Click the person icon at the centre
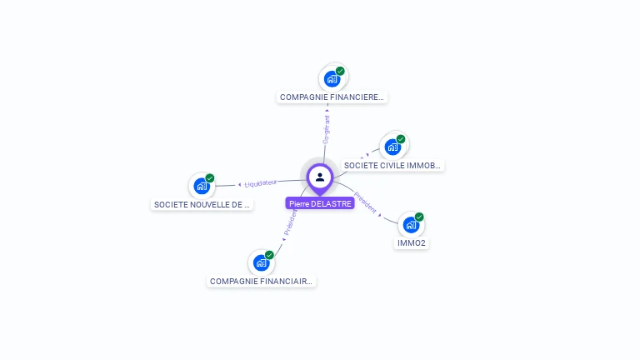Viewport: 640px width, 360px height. [320, 177]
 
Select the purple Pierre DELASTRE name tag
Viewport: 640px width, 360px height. [320, 203]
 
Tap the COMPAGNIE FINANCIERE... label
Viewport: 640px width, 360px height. [332, 97]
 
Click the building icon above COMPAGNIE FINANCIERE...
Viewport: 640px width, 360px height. [332, 79]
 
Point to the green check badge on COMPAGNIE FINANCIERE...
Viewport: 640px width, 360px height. [340, 71]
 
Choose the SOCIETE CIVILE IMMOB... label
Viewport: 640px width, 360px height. [392, 166]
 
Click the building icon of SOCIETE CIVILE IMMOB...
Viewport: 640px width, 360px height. [392, 147]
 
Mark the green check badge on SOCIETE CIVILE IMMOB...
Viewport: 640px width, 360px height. [401, 139]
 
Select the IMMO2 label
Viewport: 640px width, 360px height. [412, 243]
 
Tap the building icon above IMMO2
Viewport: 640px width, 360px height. [411, 225]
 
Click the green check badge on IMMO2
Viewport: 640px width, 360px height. [419, 217]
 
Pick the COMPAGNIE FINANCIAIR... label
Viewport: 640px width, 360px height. [262, 282]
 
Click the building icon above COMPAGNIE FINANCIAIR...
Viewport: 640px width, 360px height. [261, 263]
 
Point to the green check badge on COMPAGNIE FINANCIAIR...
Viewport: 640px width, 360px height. [269, 255]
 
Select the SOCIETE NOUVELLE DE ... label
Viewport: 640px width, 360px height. [202, 204]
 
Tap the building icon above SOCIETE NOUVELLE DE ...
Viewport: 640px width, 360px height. [202, 186]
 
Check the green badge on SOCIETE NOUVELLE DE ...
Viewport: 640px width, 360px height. [210, 177]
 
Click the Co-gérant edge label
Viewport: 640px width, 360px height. [327, 130]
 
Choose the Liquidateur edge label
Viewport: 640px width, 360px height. [260, 182]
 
